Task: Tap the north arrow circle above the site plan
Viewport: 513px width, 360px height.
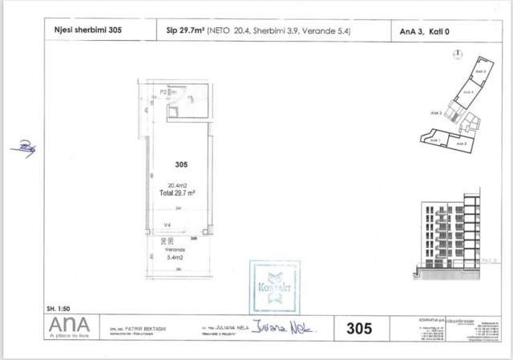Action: click(x=455, y=55)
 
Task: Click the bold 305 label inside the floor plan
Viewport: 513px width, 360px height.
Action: click(x=180, y=163)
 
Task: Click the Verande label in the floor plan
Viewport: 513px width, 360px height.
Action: click(x=175, y=249)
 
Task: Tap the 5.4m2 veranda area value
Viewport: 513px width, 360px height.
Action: click(x=175, y=258)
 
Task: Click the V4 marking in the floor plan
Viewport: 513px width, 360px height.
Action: click(x=168, y=225)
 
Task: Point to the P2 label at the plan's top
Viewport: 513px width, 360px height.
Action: click(x=164, y=93)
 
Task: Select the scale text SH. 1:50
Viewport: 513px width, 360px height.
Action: click(x=61, y=308)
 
